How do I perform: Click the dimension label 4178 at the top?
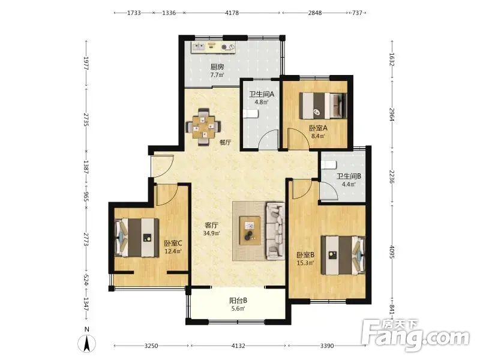pos(232,13)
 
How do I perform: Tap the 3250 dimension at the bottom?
pos(151,346)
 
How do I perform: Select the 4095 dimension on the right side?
pos(392,251)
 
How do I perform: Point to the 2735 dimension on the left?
pos(86,119)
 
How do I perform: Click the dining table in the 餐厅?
pos(203,126)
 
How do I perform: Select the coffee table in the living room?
pos(250,230)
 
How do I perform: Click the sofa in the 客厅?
pos(275,230)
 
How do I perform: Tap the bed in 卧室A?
pos(323,106)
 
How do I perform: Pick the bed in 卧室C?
pos(137,238)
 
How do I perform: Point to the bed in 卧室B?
pos(343,255)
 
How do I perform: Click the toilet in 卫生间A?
pos(251,114)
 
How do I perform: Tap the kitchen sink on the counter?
pos(199,47)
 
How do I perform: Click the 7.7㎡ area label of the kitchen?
pos(217,74)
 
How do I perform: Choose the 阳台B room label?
pos(238,301)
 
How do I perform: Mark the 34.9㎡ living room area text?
pos(212,233)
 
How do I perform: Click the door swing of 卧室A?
pos(298,139)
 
